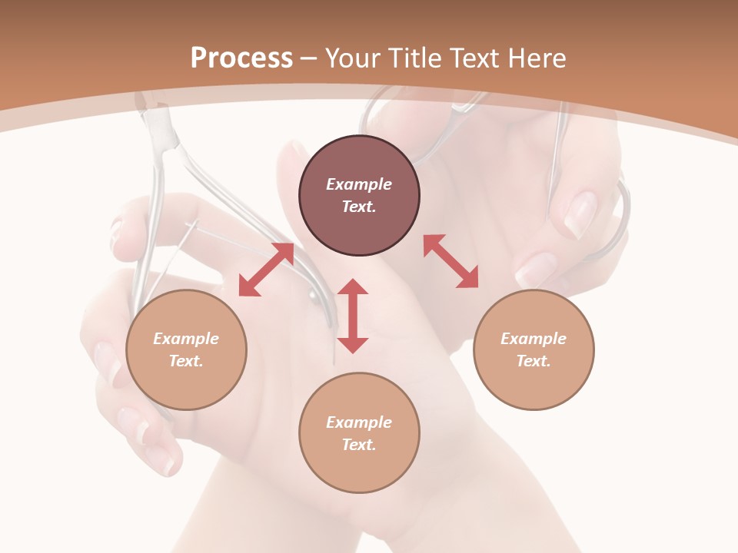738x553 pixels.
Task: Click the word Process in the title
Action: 241,58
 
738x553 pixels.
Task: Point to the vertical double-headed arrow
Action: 353,316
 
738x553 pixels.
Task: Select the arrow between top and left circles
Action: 266,269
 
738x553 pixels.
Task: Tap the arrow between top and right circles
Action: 450,261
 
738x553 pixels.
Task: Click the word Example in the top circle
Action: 359,184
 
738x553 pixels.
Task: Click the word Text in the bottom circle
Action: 358,445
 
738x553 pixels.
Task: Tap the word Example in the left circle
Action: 186,339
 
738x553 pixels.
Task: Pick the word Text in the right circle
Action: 533,361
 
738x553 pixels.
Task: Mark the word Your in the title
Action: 352,58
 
